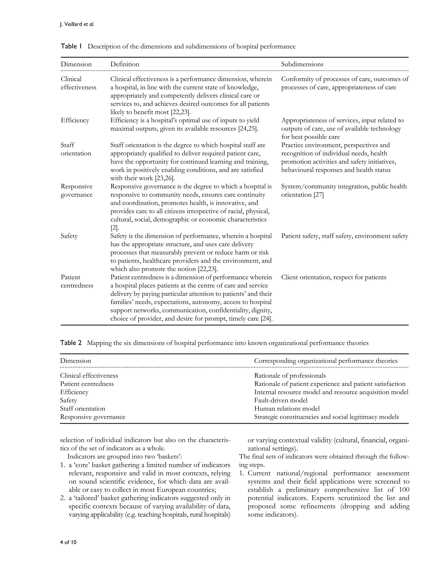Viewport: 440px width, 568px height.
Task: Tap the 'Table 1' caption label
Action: pos(71,46)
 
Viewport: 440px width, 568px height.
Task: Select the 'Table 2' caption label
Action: pos(71,343)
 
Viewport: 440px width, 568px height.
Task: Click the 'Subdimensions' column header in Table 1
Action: pos(302,64)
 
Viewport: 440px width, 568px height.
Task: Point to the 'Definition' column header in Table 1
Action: pos(125,64)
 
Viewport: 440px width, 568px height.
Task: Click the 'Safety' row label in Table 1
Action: pos(69,236)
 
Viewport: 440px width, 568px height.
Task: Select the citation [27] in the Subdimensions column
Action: pos(318,195)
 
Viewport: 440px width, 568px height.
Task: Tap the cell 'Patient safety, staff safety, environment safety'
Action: pos(344,236)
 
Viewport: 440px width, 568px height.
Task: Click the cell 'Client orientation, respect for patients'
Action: pos(333,277)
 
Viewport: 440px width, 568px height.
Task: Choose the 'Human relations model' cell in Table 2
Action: pos(287,409)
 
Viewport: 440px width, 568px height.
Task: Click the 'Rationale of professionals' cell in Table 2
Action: pos(290,376)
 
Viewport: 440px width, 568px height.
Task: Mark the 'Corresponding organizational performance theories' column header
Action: pos(326,361)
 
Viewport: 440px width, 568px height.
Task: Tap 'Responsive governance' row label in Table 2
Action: pos(92,417)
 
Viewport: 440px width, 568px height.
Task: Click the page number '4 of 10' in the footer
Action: pos(68,542)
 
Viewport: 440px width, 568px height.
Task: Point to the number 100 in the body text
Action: pos(404,490)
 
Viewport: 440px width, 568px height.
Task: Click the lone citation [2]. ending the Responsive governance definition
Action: pos(114,228)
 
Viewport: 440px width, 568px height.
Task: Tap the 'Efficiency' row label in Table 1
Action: pos(75,120)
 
